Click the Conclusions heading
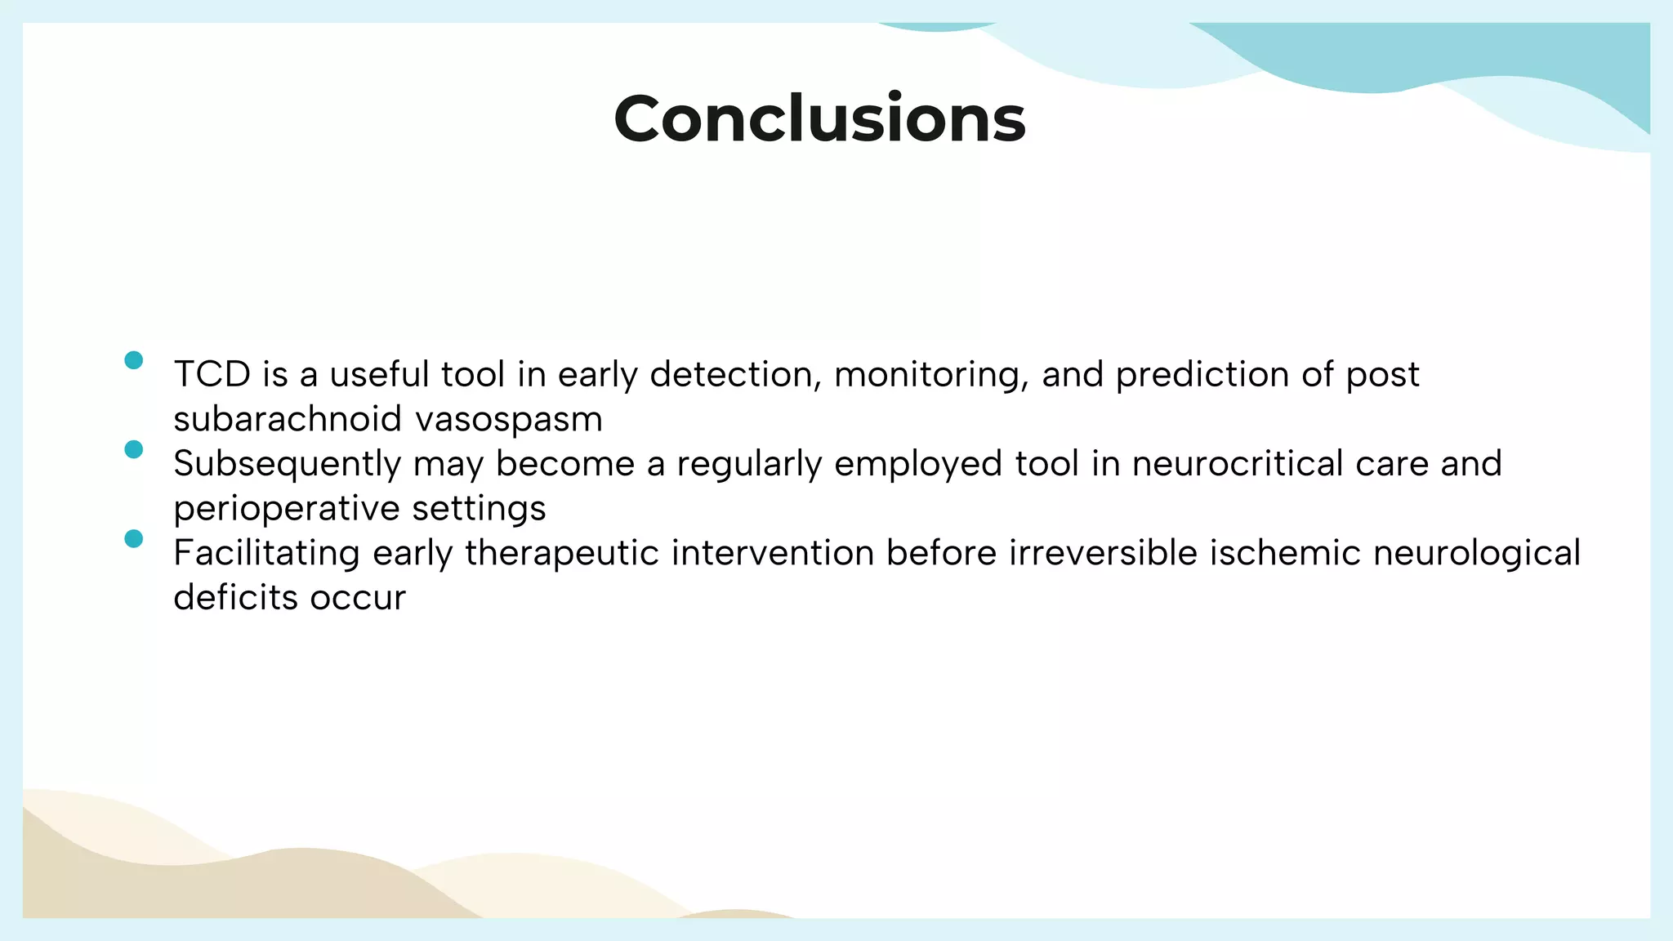(819, 119)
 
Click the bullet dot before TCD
(134, 360)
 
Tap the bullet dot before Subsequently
(134, 449)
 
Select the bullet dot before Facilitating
(134, 538)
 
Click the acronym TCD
(212, 375)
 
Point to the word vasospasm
(509, 420)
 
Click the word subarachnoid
(288, 420)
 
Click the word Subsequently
(287, 464)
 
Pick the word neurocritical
(1237, 464)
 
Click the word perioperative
(286, 509)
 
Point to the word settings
(479, 509)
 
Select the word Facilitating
(266, 553)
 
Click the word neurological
(1477, 553)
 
